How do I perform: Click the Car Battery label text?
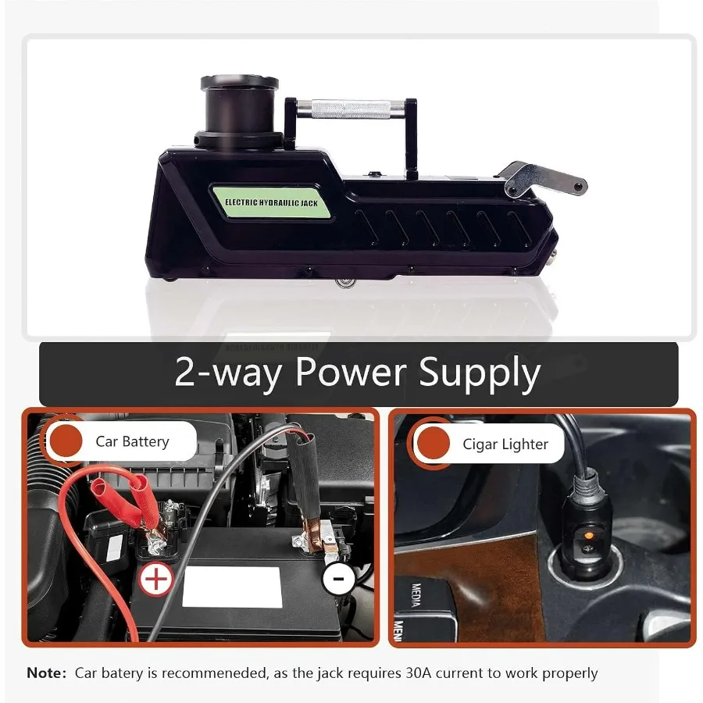tap(132, 442)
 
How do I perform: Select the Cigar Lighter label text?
tap(505, 444)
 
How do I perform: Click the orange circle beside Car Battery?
tap(66, 442)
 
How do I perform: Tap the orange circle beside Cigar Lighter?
tap(434, 444)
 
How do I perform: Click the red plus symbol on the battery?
tap(156, 579)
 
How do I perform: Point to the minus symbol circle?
tap(338, 579)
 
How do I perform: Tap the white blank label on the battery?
tap(231, 587)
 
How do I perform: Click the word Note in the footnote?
tap(47, 673)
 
